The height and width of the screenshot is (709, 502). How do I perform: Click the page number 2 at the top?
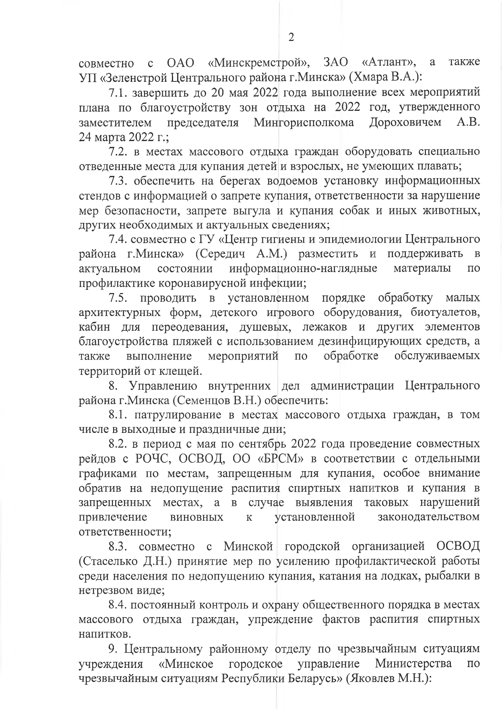[291, 37]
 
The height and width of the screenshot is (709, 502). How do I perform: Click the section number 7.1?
[118, 93]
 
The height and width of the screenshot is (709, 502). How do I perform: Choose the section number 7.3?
[118, 181]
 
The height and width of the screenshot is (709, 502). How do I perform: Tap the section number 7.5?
[118, 298]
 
